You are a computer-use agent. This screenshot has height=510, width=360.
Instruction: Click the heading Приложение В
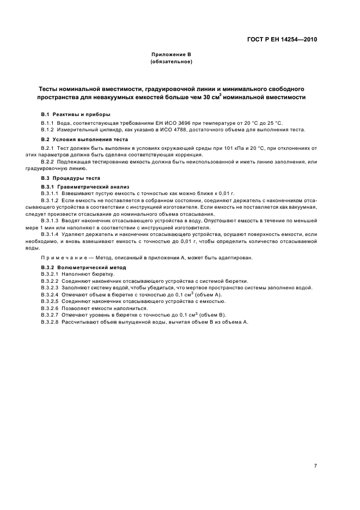[x=171, y=55]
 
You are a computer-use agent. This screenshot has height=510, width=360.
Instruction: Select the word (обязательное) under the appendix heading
[x=171, y=62]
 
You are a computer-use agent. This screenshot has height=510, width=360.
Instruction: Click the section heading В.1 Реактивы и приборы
[x=76, y=114]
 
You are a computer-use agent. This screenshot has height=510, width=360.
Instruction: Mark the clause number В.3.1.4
[x=51, y=233]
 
